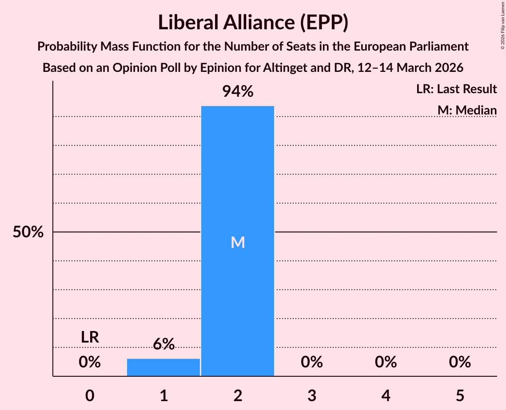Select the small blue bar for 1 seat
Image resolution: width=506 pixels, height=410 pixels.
[x=163, y=367]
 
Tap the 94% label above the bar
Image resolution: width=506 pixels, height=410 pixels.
[x=238, y=92]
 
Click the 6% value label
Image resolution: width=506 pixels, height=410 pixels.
[x=163, y=344]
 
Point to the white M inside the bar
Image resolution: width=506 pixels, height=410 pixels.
[x=238, y=242]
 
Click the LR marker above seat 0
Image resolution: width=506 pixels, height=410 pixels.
[x=90, y=337]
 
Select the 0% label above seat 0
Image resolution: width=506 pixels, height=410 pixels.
[x=90, y=362]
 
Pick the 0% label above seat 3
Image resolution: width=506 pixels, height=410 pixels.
[x=311, y=362]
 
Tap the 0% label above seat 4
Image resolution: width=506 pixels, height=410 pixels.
[x=386, y=362]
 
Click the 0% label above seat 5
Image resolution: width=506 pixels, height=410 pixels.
[x=459, y=362]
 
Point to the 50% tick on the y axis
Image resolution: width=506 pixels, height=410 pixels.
[x=28, y=232]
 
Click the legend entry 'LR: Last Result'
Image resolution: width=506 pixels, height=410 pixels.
[x=456, y=89]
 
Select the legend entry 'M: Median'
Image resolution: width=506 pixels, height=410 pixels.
[x=467, y=110]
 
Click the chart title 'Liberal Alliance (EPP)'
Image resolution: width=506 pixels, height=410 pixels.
[x=253, y=23]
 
